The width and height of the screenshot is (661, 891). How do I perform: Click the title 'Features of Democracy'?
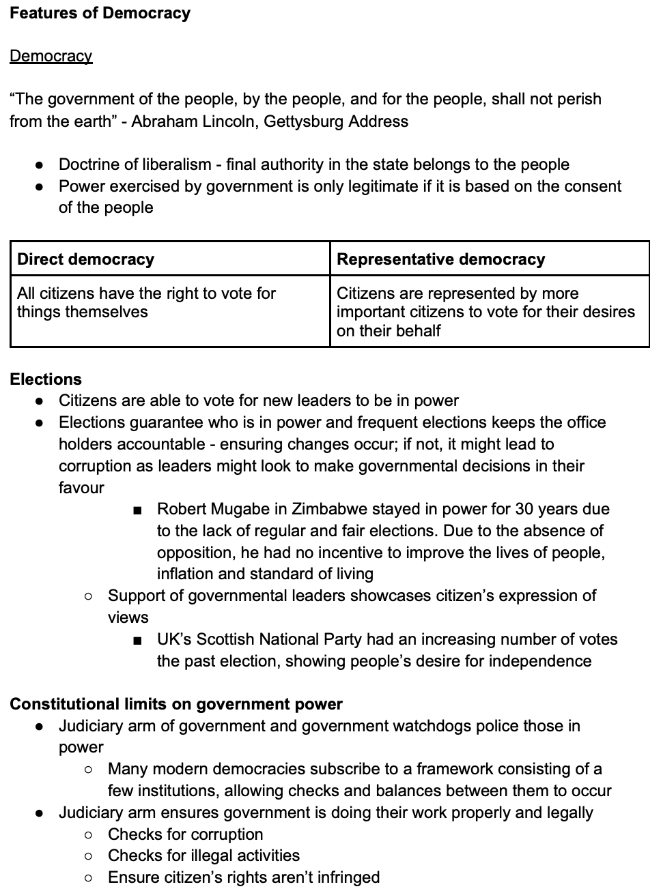(x=100, y=13)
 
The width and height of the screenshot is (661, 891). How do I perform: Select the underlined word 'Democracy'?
(x=51, y=56)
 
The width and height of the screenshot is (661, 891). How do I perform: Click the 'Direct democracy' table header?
(x=86, y=259)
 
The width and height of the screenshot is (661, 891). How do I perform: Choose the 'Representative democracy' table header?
(x=441, y=259)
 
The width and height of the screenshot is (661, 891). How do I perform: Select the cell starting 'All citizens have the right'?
(x=146, y=302)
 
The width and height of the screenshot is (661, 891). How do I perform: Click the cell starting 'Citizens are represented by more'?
(x=486, y=312)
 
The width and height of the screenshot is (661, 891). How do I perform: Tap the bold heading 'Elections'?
(x=46, y=379)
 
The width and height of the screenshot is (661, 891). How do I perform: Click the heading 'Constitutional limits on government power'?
(x=176, y=704)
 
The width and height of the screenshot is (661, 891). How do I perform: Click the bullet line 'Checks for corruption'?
(x=185, y=834)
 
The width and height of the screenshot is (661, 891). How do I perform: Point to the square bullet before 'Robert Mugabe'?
(x=138, y=510)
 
